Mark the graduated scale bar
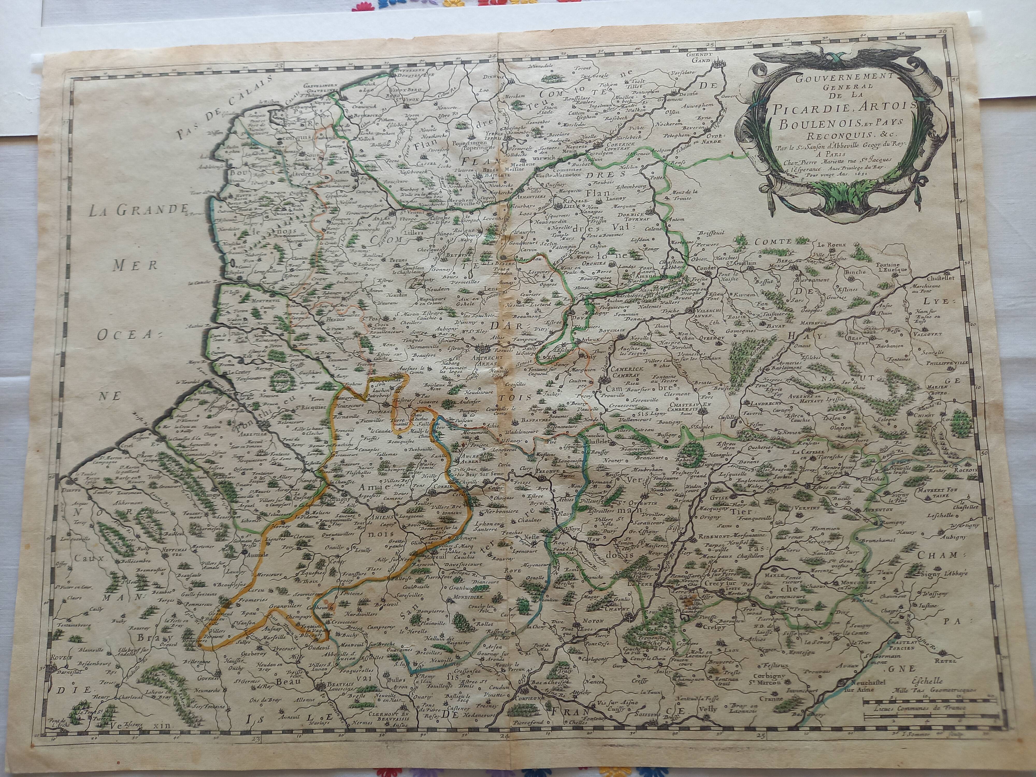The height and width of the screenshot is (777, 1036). (917, 714)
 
